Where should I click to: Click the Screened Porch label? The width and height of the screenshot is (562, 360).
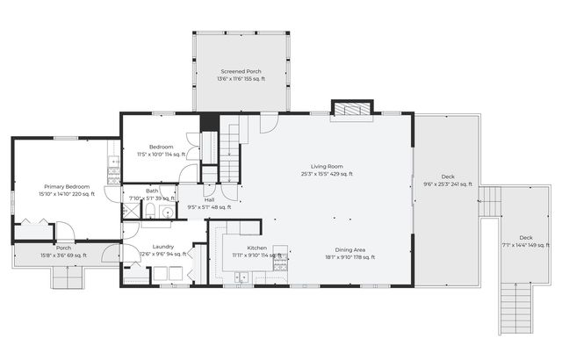pyautogui.click(x=241, y=71)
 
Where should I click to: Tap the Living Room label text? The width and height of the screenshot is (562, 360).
pyautogui.click(x=327, y=166)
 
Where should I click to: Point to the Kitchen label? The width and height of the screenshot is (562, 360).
pyautogui.click(x=244, y=248)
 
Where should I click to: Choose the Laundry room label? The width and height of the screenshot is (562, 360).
pyautogui.click(x=162, y=247)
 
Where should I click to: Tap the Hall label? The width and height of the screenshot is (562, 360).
pyautogui.click(x=209, y=199)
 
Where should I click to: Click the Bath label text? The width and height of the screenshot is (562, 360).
pyautogui.click(x=152, y=191)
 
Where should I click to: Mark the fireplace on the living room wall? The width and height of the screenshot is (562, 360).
pyautogui.click(x=352, y=110)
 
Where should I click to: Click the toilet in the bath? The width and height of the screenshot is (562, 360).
pyautogui.click(x=149, y=210)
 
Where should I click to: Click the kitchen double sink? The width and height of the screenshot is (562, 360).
pyautogui.click(x=242, y=278)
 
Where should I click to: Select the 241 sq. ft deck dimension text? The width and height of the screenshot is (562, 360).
pyautogui.click(x=448, y=184)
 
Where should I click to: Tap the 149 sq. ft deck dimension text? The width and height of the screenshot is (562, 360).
pyautogui.click(x=525, y=245)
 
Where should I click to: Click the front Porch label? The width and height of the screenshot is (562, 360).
pyautogui.click(x=63, y=248)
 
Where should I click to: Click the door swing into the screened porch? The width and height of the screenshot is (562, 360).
pyautogui.click(x=269, y=122)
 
